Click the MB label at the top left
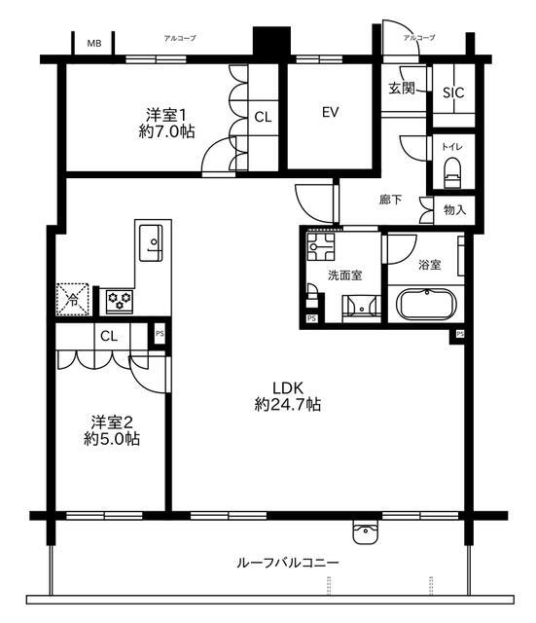94,44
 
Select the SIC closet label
453,93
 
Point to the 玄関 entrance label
402,88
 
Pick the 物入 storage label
455,209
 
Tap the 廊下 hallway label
391,200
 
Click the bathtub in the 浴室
426,306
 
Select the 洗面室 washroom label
344,275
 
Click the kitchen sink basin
153,239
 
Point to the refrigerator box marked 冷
72,299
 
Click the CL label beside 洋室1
263,117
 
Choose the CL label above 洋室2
109,336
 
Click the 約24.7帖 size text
289,403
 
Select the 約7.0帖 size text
166,132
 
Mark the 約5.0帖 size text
111,439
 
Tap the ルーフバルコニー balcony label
288,563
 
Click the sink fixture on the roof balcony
366,531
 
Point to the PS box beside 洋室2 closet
160,335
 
